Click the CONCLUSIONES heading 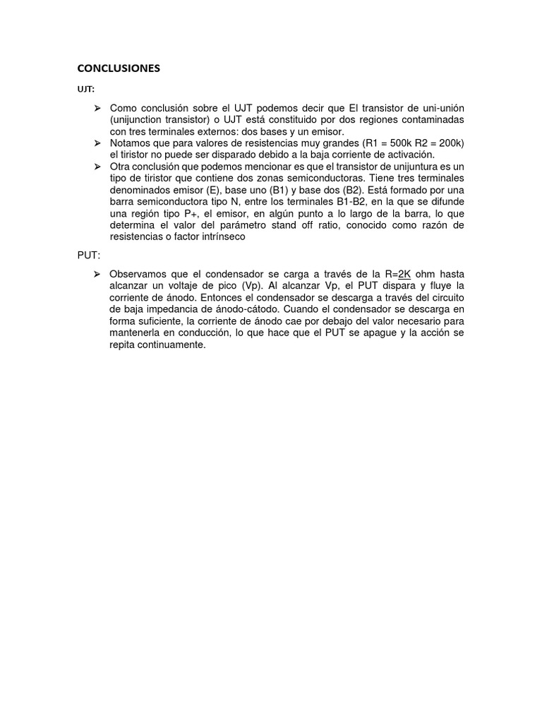(x=119, y=68)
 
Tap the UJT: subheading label (x=85, y=90)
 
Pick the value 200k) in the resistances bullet (x=448, y=143)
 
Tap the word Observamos (x=138, y=274)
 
